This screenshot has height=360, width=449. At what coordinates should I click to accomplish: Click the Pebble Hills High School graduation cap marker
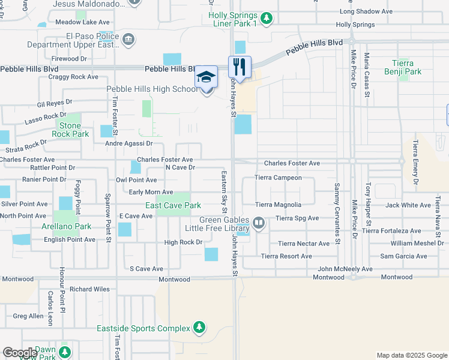click(206, 78)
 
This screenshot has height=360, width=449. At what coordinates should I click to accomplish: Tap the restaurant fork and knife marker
click(240, 67)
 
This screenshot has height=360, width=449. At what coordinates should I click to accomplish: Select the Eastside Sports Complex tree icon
click(199, 328)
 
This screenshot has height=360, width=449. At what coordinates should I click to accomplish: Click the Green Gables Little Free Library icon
click(259, 223)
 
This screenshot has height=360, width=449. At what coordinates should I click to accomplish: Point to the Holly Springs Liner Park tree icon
click(267, 19)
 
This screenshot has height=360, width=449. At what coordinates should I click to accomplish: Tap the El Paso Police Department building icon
click(128, 40)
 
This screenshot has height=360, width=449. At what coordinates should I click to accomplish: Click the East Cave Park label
click(173, 205)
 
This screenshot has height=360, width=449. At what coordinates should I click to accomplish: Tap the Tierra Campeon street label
click(278, 178)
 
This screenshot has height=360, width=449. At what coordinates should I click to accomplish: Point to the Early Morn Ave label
click(151, 192)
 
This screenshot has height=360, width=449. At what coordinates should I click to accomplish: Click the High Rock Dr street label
click(183, 242)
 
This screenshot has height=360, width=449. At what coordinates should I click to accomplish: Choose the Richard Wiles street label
click(89, 289)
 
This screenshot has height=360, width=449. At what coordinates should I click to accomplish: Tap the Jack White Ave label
click(408, 205)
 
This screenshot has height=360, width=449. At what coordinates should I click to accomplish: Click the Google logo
click(20, 353)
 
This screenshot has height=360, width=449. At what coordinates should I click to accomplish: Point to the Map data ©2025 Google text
click(411, 355)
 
